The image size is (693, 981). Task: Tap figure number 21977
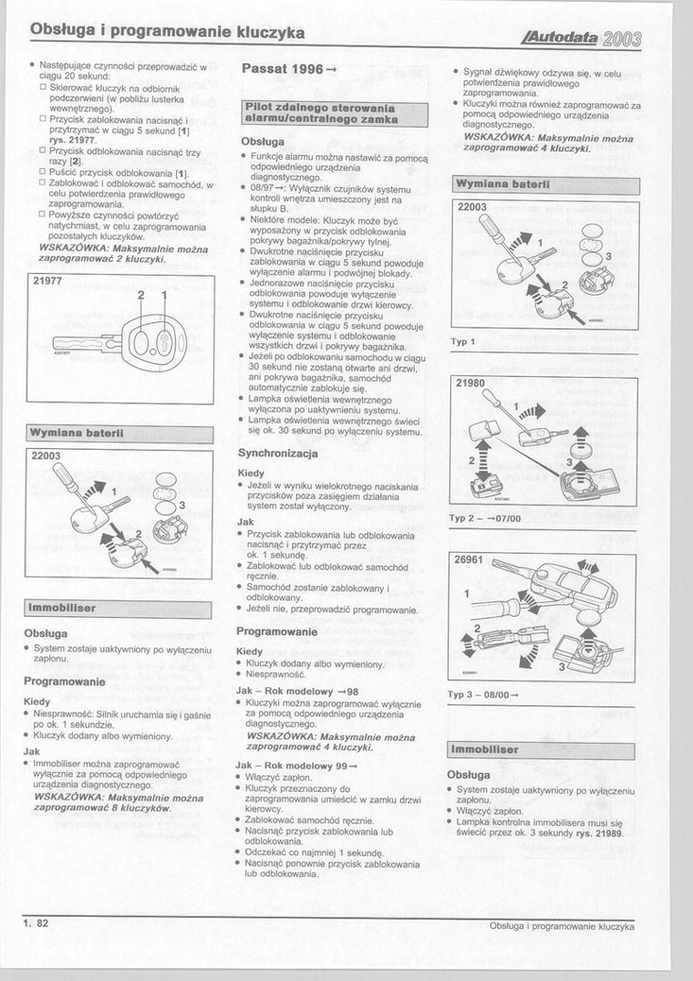[x=47, y=283]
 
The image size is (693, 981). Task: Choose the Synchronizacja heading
[x=277, y=453]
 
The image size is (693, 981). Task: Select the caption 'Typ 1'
[x=463, y=342]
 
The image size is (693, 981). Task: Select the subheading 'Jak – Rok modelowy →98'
[x=296, y=691]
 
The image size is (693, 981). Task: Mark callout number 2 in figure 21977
[x=141, y=297]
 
